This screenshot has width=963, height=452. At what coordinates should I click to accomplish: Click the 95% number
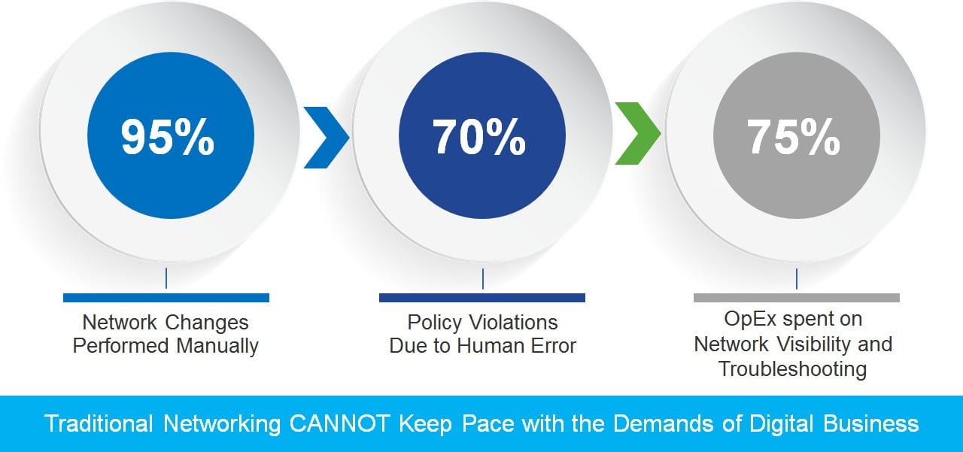click(x=167, y=137)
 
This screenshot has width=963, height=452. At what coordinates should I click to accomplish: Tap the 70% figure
click(x=479, y=137)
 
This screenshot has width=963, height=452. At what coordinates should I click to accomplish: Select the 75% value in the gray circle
click(x=793, y=137)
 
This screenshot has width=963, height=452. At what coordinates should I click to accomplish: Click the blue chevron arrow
click(x=327, y=137)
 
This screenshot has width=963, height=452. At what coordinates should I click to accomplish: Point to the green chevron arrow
click(x=638, y=133)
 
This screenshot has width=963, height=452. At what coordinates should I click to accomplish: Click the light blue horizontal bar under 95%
click(x=166, y=298)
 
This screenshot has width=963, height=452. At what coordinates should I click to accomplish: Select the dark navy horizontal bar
click(x=482, y=298)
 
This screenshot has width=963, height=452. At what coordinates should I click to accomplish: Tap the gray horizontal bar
click(x=797, y=298)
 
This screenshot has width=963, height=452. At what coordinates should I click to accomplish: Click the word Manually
click(x=217, y=346)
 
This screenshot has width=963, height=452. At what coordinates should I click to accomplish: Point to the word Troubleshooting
click(x=793, y=369)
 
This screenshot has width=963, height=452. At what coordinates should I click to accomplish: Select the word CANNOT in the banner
click(x=340, y=423)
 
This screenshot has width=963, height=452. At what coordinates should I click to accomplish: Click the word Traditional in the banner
click(x=99, y=423)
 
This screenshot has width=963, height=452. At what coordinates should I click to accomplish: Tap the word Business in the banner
click(x=871, y=423)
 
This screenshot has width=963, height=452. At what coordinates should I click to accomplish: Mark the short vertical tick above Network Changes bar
click(x=166, y=278)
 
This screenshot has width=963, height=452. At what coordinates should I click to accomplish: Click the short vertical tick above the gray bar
click(x=797, y=279)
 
